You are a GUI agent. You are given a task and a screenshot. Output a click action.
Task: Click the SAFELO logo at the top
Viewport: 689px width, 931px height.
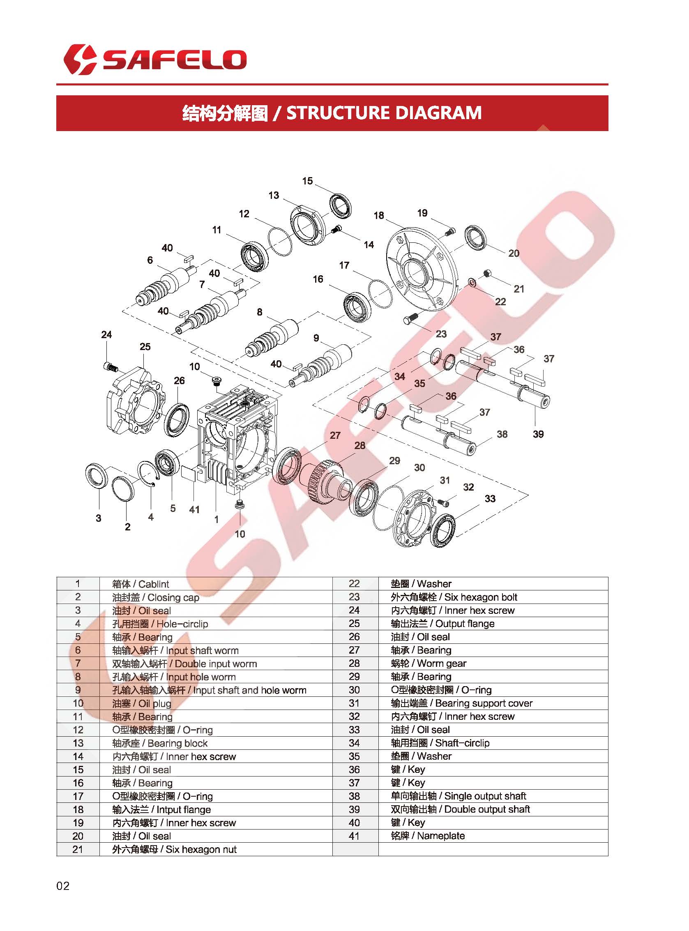click(155, 59)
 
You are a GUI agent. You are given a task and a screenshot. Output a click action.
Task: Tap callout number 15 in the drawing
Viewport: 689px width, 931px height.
click(307, 181)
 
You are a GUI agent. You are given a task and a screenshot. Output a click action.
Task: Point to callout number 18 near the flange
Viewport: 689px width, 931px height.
click(378, 215)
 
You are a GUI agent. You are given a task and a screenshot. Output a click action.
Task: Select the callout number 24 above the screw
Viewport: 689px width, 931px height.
click(106, 334)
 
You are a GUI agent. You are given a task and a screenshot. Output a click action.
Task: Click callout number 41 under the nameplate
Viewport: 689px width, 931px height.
click(194, 509)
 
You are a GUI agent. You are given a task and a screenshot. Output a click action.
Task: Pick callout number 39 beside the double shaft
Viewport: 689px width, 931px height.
click(538, 434)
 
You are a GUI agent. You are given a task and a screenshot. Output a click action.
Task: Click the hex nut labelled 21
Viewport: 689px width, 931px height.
click(486, 274)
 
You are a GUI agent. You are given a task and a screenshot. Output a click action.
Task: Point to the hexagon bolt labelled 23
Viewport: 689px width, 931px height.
click(410, 320)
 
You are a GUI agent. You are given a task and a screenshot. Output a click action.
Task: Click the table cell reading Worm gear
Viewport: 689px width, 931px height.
click(429, 664)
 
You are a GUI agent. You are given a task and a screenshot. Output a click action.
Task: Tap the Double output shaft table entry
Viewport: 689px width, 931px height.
click(460, 809)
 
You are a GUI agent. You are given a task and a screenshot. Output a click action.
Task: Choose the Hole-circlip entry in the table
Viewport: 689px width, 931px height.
click(160, 624)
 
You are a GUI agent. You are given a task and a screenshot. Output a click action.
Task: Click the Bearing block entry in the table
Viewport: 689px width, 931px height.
click(160, 743)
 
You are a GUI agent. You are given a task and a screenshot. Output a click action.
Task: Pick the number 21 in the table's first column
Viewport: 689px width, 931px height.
click(78, 849)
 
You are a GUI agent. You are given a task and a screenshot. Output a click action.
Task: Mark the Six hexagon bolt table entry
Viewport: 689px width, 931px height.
click(454, 597)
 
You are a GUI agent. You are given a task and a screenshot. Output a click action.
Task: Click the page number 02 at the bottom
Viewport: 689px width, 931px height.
click(63, 886)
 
